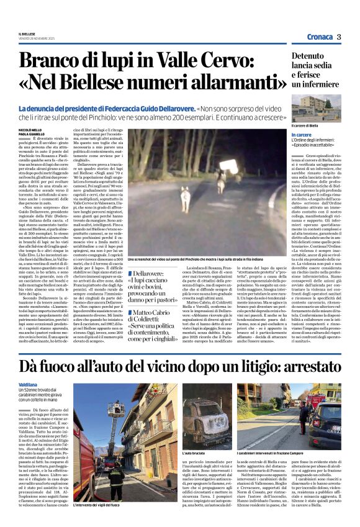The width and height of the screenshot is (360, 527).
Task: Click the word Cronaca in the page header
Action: click(319, 37)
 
